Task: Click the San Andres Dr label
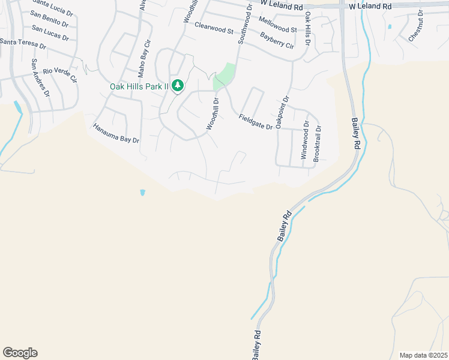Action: (x=40, y=77)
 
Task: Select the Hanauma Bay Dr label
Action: (x=116, y=133)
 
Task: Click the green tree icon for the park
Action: (x=177, y=86)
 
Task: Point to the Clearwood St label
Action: (x=213, y=27)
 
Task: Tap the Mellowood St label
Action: (x=277, y=25)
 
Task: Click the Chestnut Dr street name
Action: (x=415, y=26)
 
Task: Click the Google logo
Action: (x=20, y=353)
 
